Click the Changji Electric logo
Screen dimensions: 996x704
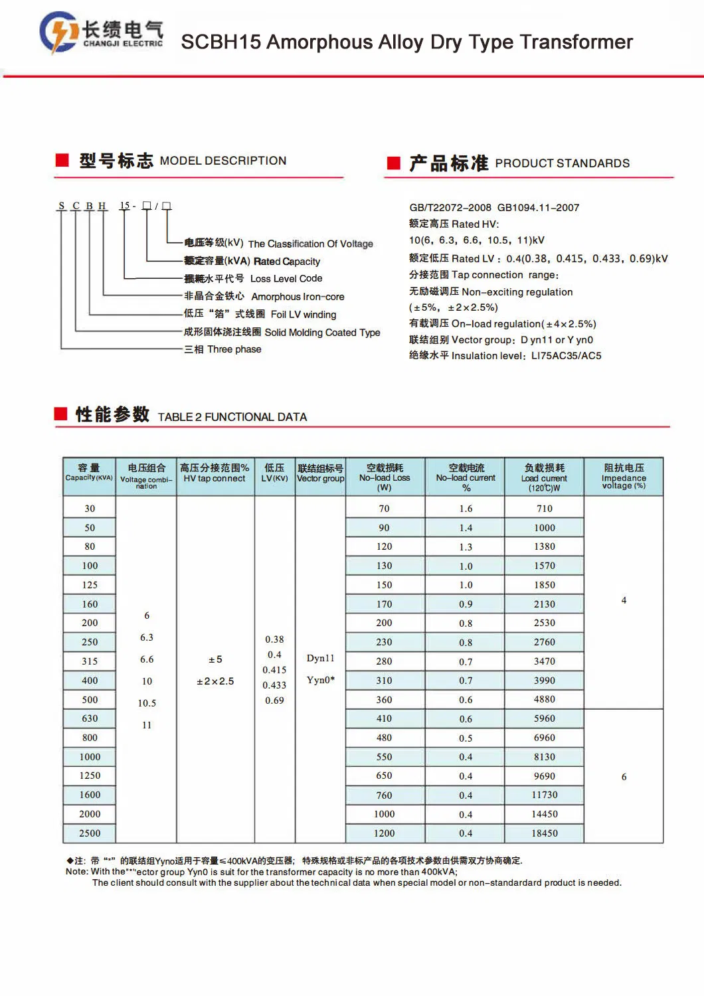(x=101, y=32)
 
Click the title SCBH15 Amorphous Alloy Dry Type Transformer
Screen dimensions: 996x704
(x=406, y=42)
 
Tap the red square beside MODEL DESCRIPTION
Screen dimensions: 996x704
(x=62, y=160)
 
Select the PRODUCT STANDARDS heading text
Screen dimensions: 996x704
(x=562, y=163)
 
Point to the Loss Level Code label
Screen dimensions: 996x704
(x=286, y=279)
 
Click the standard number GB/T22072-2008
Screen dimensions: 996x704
(x=450, y=208)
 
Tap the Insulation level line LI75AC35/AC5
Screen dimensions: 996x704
(x=505, y=356)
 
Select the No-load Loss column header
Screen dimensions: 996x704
(x=385, y=477)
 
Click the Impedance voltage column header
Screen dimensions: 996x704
(x=624, y=477)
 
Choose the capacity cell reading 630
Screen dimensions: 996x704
(x=90, y=718)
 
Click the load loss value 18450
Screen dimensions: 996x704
(x=545, y=833)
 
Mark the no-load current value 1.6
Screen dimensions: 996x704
(x=466, y=509)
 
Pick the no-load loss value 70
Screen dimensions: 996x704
(x=384, y=509)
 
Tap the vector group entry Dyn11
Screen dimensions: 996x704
(x=320, y=658)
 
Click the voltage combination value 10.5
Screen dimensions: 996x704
(x=147, y=703)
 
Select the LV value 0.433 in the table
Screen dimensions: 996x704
(x=274, y=685)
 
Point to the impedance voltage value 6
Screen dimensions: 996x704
(x=624, y=777)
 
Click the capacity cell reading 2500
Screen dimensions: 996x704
(x=90, y=833)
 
